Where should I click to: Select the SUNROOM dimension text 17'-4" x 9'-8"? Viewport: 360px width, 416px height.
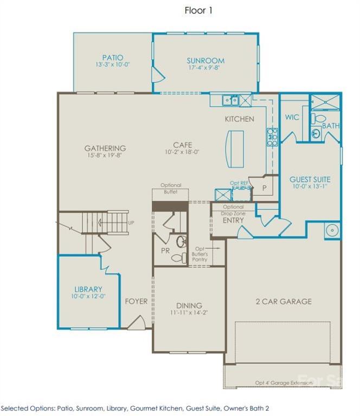(205, 69)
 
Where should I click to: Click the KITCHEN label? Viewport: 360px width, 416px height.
(239, 119)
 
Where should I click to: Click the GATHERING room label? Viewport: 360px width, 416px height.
(105, 148)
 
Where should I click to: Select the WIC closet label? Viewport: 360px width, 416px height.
(292, 117)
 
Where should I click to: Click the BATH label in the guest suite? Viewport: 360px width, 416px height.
(330, 126)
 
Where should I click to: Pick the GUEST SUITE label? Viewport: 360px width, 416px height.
(310, 179)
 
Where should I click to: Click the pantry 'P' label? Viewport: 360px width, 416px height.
(265, 187)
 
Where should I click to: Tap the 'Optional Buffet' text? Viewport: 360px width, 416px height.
(171, 188)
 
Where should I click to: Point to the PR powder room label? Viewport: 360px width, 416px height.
(164, 251)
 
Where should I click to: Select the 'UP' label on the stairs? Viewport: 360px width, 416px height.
(131, 223)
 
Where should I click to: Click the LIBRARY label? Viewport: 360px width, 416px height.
(88, 290)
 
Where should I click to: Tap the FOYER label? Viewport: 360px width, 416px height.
(136, 301)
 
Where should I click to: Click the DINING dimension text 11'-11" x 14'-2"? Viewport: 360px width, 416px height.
(189, 313)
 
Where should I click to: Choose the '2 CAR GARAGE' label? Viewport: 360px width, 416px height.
(284, 301)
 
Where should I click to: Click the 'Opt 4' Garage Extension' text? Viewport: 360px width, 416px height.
(284, 383)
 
